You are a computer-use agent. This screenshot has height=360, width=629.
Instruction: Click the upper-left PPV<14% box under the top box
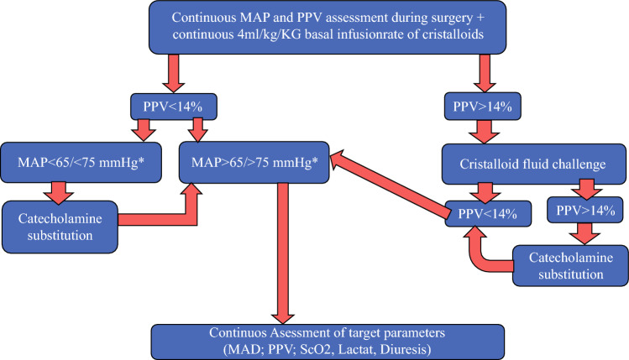point(174,107)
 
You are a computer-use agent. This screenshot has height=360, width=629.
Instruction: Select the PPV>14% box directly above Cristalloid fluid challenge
point(483,107)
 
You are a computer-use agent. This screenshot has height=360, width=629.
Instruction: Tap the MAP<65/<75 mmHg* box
point(81,162)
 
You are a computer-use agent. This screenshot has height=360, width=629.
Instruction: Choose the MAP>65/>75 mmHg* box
point(254,162)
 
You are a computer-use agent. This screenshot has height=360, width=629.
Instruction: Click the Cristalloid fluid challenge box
point(533,164)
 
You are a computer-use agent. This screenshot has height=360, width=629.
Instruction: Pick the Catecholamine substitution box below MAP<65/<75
point(60,227)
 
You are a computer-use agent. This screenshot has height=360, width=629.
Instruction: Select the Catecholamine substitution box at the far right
point(570,266)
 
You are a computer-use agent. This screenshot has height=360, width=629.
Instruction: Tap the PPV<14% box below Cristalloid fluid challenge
point(488,214)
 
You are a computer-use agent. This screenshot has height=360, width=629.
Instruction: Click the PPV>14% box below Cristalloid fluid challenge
point(585,210)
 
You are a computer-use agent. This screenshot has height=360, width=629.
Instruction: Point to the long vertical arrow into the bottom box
point(283,253)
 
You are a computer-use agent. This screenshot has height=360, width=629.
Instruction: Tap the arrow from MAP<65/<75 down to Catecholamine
point(59,193)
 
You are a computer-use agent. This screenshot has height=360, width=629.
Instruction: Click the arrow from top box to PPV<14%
point(173,73)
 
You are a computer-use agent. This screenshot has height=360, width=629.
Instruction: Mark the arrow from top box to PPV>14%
point(485,73)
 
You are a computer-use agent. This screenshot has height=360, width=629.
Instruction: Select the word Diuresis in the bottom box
point(405,350)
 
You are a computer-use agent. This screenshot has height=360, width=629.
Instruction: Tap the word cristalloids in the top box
point(453,34)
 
